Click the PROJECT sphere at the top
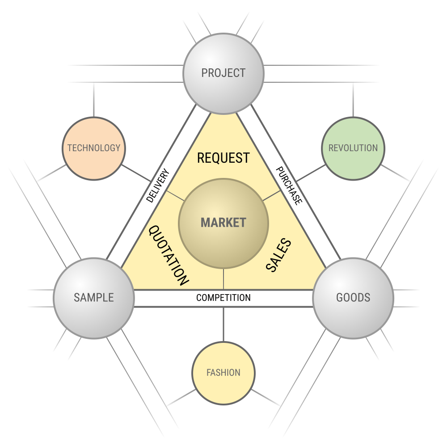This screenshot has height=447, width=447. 223,74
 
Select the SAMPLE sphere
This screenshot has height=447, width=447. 94,298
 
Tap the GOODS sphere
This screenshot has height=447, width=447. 353,298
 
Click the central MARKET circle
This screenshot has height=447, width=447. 223,223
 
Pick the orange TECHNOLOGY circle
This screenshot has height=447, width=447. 94,148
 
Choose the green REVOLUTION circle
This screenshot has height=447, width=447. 353,148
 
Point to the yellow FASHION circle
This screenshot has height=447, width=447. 223,373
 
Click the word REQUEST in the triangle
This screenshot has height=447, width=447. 223,158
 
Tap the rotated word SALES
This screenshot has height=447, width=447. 278,255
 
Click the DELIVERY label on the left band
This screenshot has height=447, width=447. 158,186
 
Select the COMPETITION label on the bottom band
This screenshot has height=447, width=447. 223,298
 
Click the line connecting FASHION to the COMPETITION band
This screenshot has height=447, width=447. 223,325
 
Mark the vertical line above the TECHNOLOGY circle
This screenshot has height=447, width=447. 94,100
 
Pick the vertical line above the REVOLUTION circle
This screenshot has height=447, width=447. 353,100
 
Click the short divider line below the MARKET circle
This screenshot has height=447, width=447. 223,279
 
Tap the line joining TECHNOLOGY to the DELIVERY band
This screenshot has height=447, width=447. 136,173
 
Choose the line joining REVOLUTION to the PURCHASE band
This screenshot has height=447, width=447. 311,173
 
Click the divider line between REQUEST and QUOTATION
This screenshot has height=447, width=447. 175,196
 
